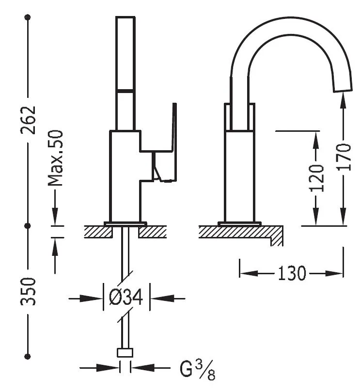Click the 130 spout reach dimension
(x=292, y=273)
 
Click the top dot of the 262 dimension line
(x=28, y=17)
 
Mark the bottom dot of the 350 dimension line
(x=28, y=356)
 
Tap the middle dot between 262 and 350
(x=28, y=226)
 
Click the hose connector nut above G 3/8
(x=125, y=353)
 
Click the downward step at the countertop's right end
(x=277, y=237)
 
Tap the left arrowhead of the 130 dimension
(x=245, y=273)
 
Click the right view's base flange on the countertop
(x=239, y=223)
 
